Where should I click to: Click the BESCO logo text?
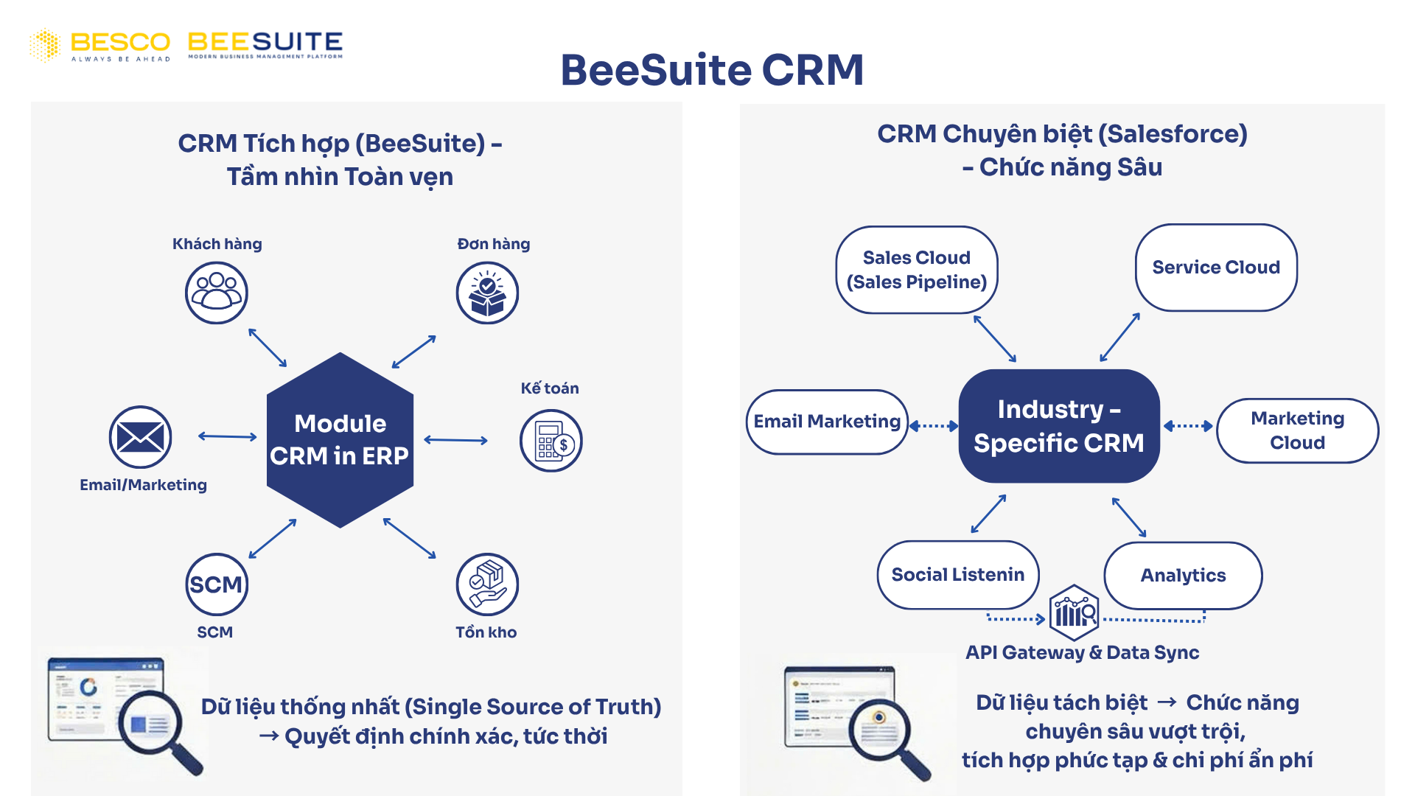coord(120,43)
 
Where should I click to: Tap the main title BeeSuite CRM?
coord(711,70)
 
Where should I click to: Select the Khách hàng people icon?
coord(216,293)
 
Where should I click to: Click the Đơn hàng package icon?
coord(487,293)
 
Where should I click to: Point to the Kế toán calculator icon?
coord(551,441)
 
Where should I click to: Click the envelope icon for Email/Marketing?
coord(140,437)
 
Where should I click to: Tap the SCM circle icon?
coord(216,584)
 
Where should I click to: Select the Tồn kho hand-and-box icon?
coord(487,584)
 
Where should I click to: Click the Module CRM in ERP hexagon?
coord(340,440)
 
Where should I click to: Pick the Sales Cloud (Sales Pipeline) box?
coord(916,270)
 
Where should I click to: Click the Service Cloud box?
coord(1215,268)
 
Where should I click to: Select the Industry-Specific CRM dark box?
coord(1058,426)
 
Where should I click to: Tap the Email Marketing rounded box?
coord(826,422)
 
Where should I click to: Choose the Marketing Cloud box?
coord(1297,430)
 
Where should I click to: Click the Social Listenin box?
coord(957,575)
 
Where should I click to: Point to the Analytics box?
coord(1183,576)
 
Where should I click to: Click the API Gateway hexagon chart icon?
coord(1074,612)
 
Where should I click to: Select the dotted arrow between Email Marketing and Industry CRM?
coord(934,425)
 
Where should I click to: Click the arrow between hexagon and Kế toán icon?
coord(455,440)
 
